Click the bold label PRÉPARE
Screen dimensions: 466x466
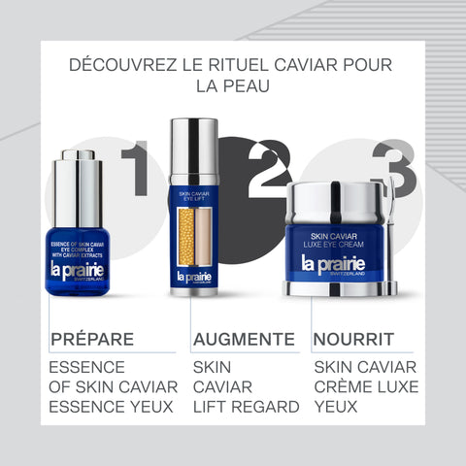(x=91, y=339)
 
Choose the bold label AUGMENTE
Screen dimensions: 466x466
(x=243, y=339)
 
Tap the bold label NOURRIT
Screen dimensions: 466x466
(x=352, y=339)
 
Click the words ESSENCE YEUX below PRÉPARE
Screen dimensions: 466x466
(x=111, y=406)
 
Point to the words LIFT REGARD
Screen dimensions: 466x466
(x=246, y=406)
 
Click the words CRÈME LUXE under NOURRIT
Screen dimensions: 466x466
(x=365, y=386)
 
